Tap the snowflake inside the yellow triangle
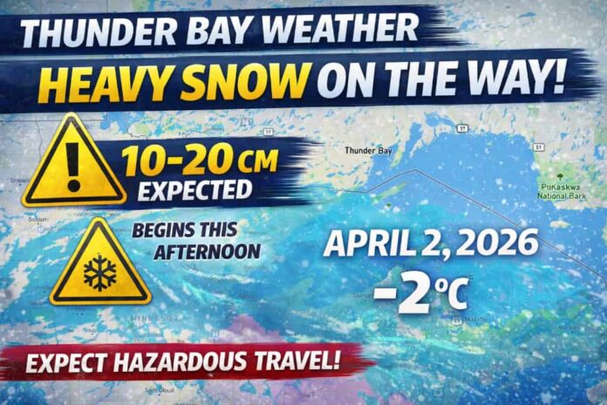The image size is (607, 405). coord(99,273)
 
